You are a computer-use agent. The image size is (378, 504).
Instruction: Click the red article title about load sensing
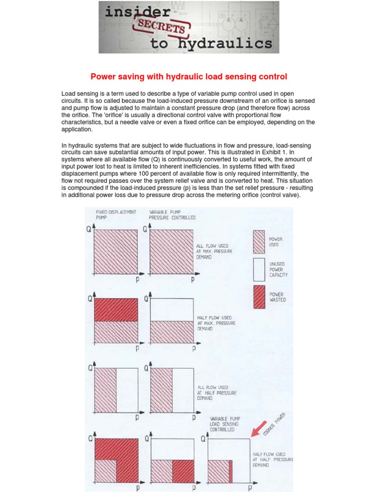coord(189,77)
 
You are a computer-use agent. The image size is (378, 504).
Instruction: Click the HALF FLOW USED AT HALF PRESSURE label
coord(272,460)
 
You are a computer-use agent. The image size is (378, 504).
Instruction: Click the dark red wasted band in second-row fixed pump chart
coord(116,310)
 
